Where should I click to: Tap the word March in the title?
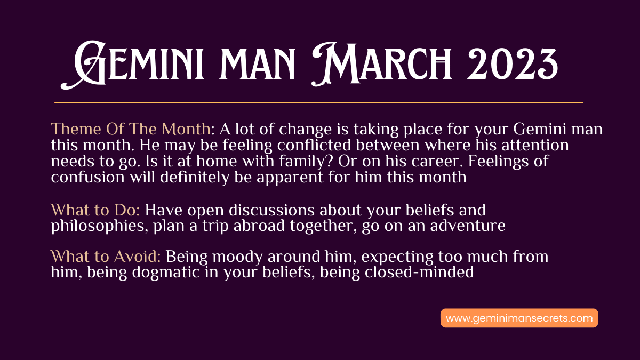tap(381, 65)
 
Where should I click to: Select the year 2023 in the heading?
tap(513, 65)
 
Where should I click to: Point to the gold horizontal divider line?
tap(318, 102)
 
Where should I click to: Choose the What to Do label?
tap(95, 210)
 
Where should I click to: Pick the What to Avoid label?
tap(106, 257)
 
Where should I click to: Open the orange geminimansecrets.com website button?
tap(519, 318)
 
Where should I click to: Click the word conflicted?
tap(314, 145)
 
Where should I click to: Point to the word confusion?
tap(87, 177)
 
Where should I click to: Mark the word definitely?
tap(195, 177)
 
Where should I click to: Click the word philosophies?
tap(99, 226)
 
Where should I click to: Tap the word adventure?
tap(468, 226)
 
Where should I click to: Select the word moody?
tap(237, 257)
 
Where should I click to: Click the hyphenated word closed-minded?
tap(419, 272)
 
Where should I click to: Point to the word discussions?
tap(271, 210)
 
